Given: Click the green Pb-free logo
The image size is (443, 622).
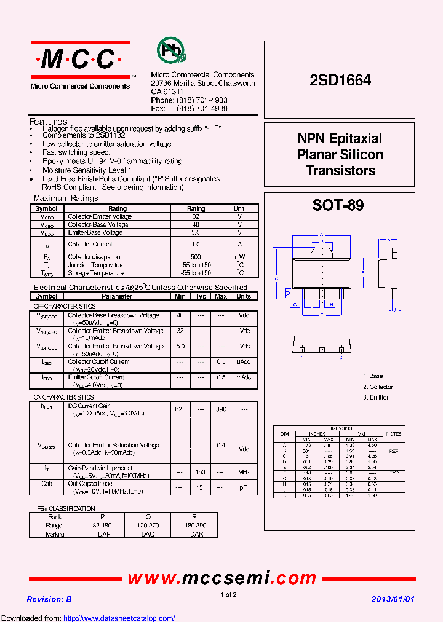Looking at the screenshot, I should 171,52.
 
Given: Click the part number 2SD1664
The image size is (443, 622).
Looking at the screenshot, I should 340,80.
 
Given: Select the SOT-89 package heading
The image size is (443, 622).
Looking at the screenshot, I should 338,206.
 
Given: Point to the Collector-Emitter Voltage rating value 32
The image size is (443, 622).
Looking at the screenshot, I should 196,217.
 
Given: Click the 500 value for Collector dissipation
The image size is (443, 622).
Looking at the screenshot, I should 196,257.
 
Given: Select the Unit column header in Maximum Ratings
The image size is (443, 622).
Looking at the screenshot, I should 239,209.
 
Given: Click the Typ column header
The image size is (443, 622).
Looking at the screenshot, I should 201,296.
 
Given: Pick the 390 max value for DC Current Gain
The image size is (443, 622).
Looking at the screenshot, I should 221,409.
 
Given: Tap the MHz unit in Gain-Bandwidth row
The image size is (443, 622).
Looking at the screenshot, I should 244,472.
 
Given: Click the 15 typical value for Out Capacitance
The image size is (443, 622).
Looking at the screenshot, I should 201,487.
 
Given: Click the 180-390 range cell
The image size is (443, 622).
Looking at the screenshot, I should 194,526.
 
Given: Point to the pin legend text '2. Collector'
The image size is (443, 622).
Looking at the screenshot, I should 378,387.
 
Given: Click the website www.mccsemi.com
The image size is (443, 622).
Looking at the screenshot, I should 222,578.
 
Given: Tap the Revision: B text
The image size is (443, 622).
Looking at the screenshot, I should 49,599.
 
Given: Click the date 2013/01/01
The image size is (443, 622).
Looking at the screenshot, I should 394,599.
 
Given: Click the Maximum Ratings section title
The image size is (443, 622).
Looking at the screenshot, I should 65,199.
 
